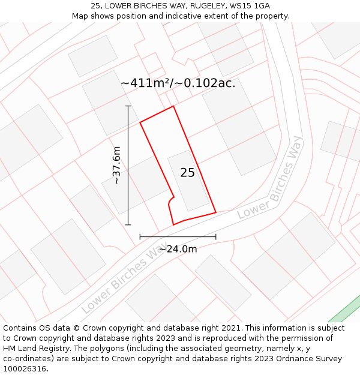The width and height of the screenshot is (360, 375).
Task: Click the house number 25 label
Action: click(187, 173)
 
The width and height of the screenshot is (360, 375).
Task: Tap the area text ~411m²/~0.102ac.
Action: click(178, 83)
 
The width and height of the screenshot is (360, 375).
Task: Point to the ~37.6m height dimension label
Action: click(116, 165)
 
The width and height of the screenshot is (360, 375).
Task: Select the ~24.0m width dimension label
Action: click(178, 249)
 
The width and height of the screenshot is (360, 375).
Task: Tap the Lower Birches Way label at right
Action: click(271, 179)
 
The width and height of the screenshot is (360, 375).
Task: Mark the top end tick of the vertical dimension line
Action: click(128, 106)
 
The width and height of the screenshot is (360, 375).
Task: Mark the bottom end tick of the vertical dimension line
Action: click(128, 225)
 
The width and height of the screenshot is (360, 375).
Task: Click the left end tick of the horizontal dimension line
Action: click(140, 237)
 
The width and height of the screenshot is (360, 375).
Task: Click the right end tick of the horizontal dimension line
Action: click(215, 237)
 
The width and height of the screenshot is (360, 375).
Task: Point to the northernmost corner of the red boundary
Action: click(173, 107)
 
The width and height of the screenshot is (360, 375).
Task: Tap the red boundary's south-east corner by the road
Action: click(215, 212)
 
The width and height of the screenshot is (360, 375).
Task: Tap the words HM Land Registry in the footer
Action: click(31, 349)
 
